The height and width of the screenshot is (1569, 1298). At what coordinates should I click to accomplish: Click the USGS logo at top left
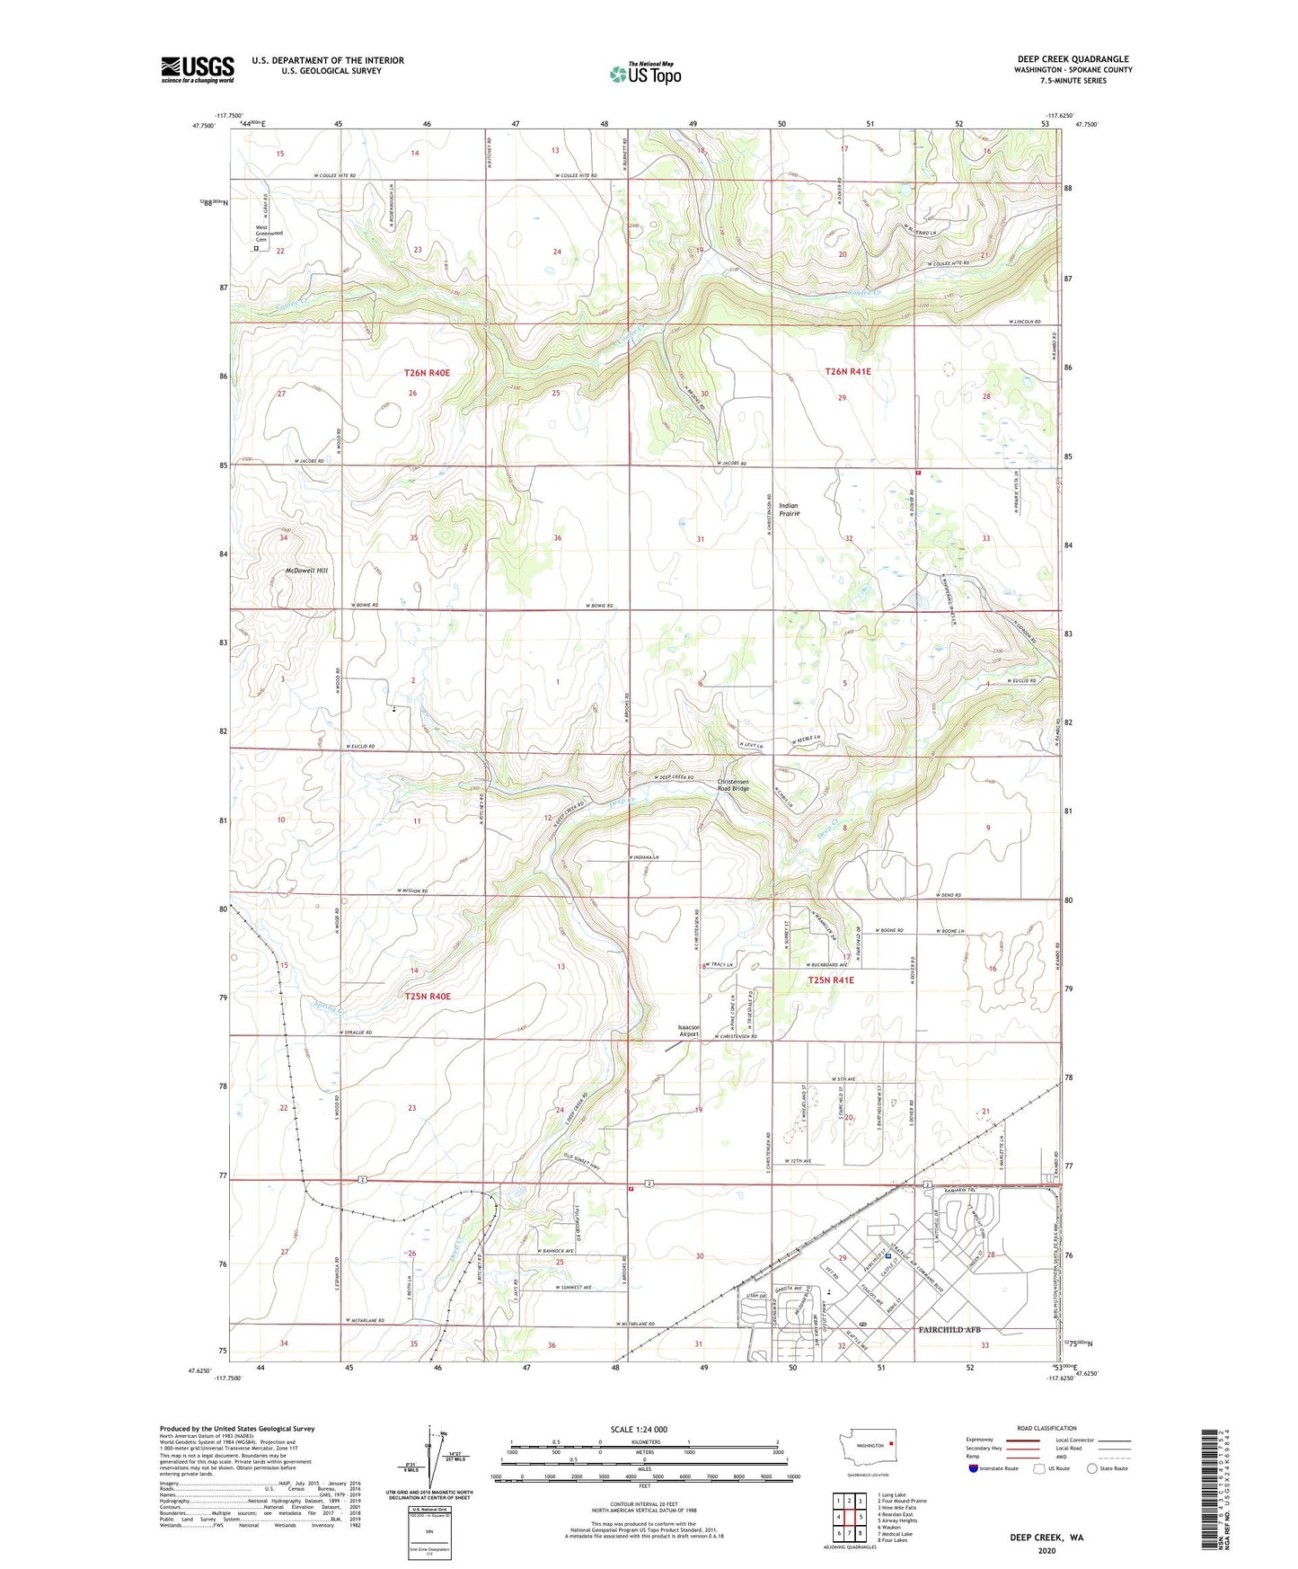[198, 69]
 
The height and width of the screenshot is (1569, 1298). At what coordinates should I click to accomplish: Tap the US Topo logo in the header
[645, 74]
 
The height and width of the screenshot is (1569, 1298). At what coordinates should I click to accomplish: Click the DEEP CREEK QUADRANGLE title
[1073, 59]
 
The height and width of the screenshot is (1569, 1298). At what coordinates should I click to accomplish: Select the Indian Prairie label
[789, 510]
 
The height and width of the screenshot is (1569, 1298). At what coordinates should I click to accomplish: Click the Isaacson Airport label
[689, 1031]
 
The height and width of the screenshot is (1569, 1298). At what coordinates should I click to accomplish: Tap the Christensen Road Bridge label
[733, 784]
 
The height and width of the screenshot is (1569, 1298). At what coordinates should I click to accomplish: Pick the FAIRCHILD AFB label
[955, 1329]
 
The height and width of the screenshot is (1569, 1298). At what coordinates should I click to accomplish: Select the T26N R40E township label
[427, 372]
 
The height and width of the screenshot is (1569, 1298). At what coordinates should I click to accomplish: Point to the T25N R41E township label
[831, 980]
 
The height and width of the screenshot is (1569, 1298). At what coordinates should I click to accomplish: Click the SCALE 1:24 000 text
[639, 1429]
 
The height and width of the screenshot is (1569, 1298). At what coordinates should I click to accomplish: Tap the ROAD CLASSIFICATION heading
[1046, 1428]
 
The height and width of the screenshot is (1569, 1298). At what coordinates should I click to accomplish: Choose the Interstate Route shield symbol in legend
[975, 1468]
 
